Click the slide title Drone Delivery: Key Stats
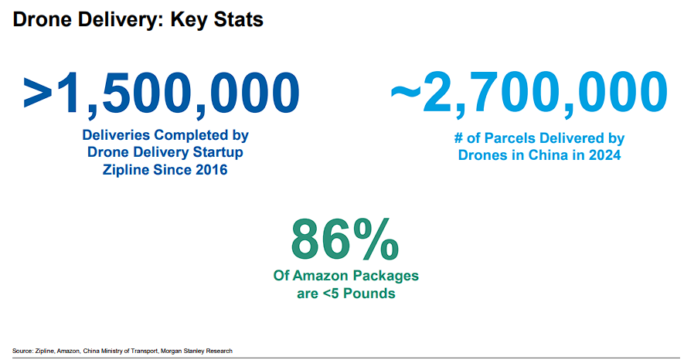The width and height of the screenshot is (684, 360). pyautogui.click(x=138, y=20)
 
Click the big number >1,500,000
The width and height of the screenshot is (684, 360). pyautogui.click(x=161, y=91)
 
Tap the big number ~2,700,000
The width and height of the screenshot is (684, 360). pyautogui.click(x=528, y=91)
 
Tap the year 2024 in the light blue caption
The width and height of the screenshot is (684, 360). pyautogui.click(x=605, y=155)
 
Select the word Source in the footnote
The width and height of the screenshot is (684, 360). pyautogui.click(x=22, y=351)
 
